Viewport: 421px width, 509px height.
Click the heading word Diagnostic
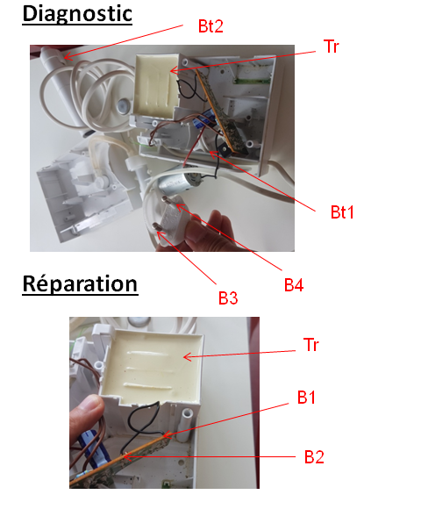coord(77,14)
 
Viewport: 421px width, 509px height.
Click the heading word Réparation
coord(80,283)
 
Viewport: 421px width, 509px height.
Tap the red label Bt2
coord(210,26)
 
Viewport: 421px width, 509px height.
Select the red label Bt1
coord(342,212)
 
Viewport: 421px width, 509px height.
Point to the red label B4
coord(294,285)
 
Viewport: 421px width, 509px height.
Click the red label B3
coord(228,298)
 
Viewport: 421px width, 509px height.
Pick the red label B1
coord(306,397)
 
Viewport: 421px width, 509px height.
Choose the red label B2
coord(314,457)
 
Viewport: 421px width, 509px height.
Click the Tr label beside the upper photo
coord(332,47)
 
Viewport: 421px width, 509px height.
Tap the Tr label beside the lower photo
coord(311,344)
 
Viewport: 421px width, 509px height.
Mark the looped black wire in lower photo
coord(140,423)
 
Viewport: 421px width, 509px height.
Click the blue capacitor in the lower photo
coord(93,450)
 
